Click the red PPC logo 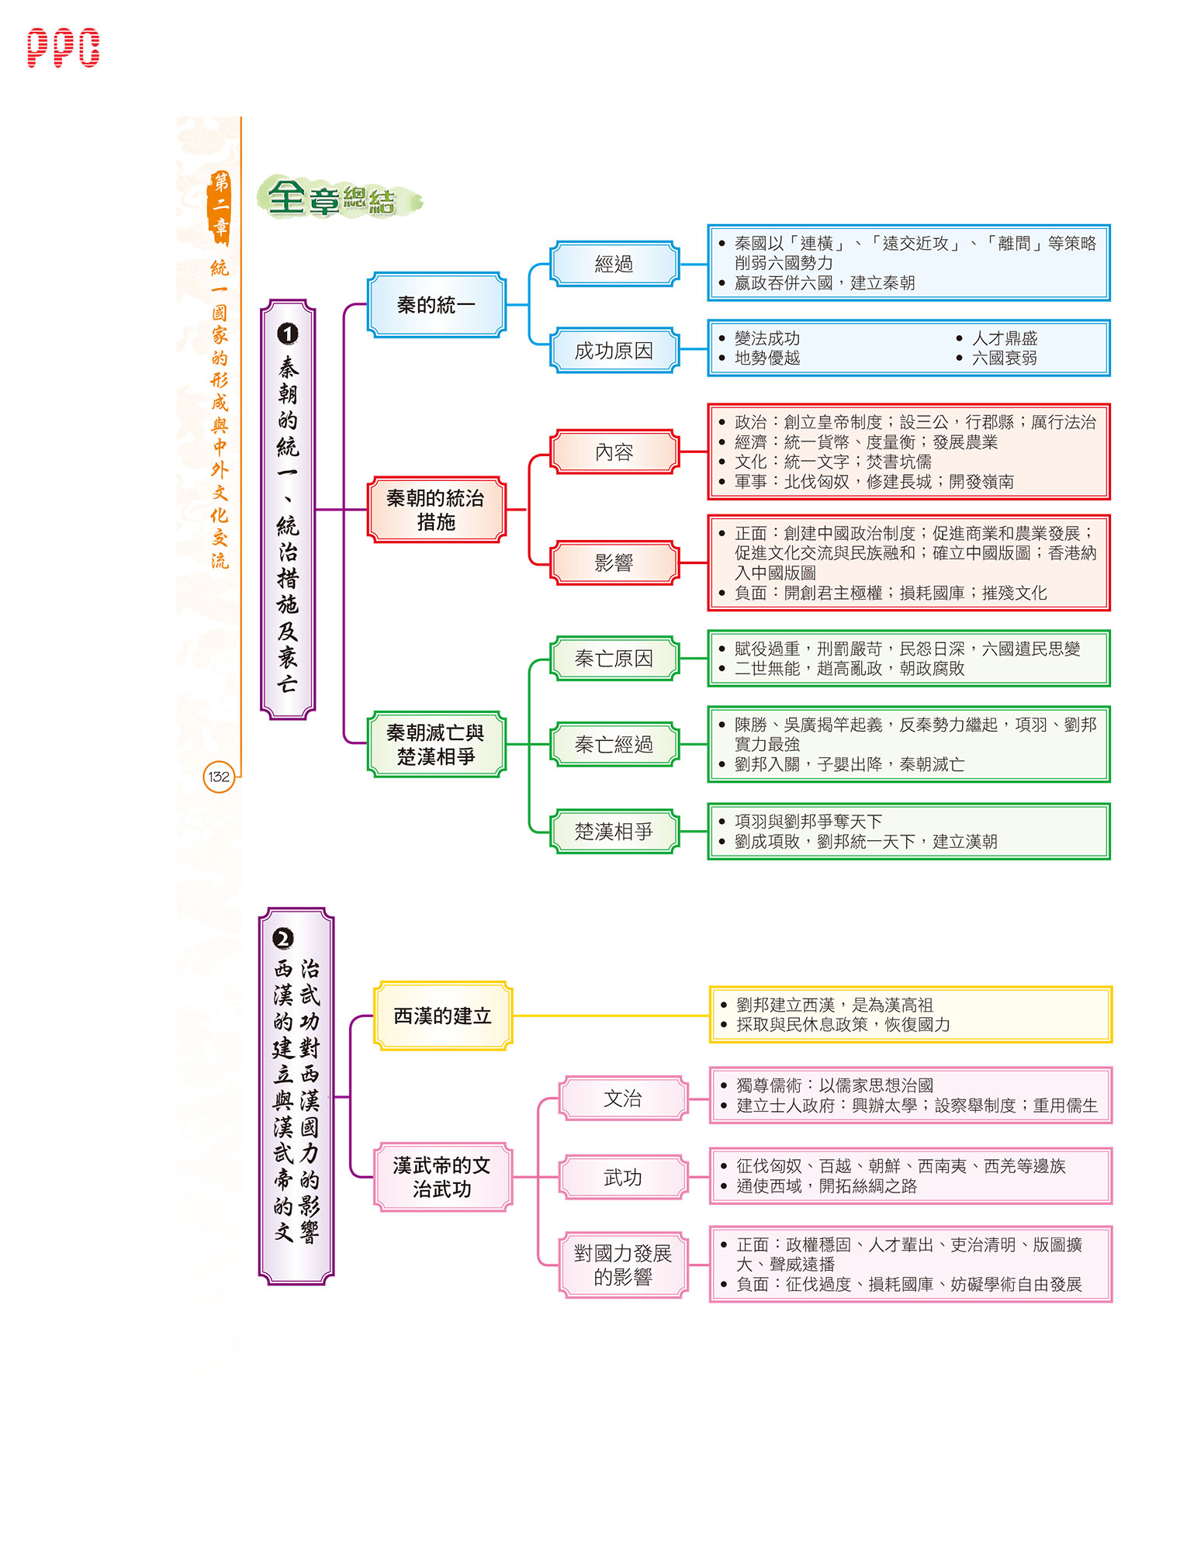[x=63, y=48]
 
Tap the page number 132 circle [x=219, y=777]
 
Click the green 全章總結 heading [x=339, y=197]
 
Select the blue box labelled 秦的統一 [x=437, y=305]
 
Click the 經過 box [x=614, y=264]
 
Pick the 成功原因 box [x=614, y=351]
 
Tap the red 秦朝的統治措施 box [x=437, y=510]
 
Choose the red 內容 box [x=614, y=452]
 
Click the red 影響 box [x=614, y=562]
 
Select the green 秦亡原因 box [x=614, y=659]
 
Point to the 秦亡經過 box [x=614, y=745]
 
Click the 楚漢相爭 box [x=614, y=832]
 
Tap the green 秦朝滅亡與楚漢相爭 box [x=437, y=744]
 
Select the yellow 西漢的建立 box [x=443, y=1016]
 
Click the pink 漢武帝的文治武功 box [x=443, y=1177]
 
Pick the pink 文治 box [x=623, y=1099]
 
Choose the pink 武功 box [x=623, y=1178]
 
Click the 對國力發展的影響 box [x=623, y=1265]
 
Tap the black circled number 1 [x=287, y=334]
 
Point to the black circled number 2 [x=283, y=939]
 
